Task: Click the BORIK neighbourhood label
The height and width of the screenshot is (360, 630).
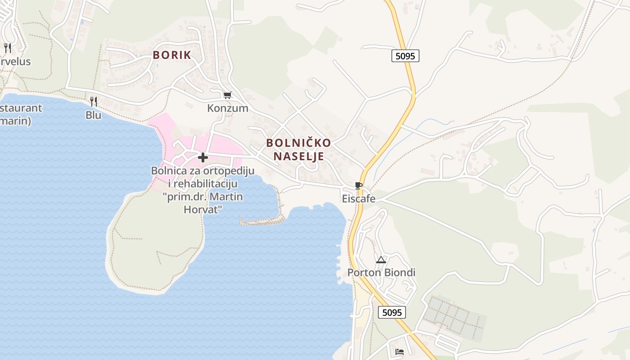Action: (x=172, y=55)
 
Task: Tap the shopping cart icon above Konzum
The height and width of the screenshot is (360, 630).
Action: (x=228, y=95)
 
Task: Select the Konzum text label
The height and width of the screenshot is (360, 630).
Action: (x=228, y=108)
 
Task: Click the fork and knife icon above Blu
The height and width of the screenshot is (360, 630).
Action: (x=94, y=102)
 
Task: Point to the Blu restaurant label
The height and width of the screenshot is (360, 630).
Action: (x=94, y=115)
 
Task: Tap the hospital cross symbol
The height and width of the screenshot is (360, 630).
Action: (x=203, y=157)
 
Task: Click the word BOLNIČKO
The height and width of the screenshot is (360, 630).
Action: (x=298, y=143)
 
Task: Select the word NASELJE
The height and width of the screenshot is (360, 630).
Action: (x=298, y=157)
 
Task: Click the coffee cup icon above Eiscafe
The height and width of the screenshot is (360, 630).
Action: (x=359, y=185)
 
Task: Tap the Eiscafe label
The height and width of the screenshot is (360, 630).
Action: (x=359, y=198)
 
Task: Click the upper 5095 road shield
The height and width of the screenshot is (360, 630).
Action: (x=405, y=56)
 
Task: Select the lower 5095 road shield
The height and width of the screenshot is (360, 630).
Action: (x=391, y=312)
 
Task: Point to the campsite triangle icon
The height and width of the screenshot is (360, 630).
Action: (x=381, y=260)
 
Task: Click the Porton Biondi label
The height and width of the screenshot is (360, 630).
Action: (x=381, y=273)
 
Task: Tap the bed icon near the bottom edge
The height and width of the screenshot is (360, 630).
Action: (x=400, y=352)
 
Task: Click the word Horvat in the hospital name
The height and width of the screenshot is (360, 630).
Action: (x=203, y=209)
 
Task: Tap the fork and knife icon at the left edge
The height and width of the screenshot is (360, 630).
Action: (x=7, y=48)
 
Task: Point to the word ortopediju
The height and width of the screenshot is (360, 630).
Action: (x=229, y=171)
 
